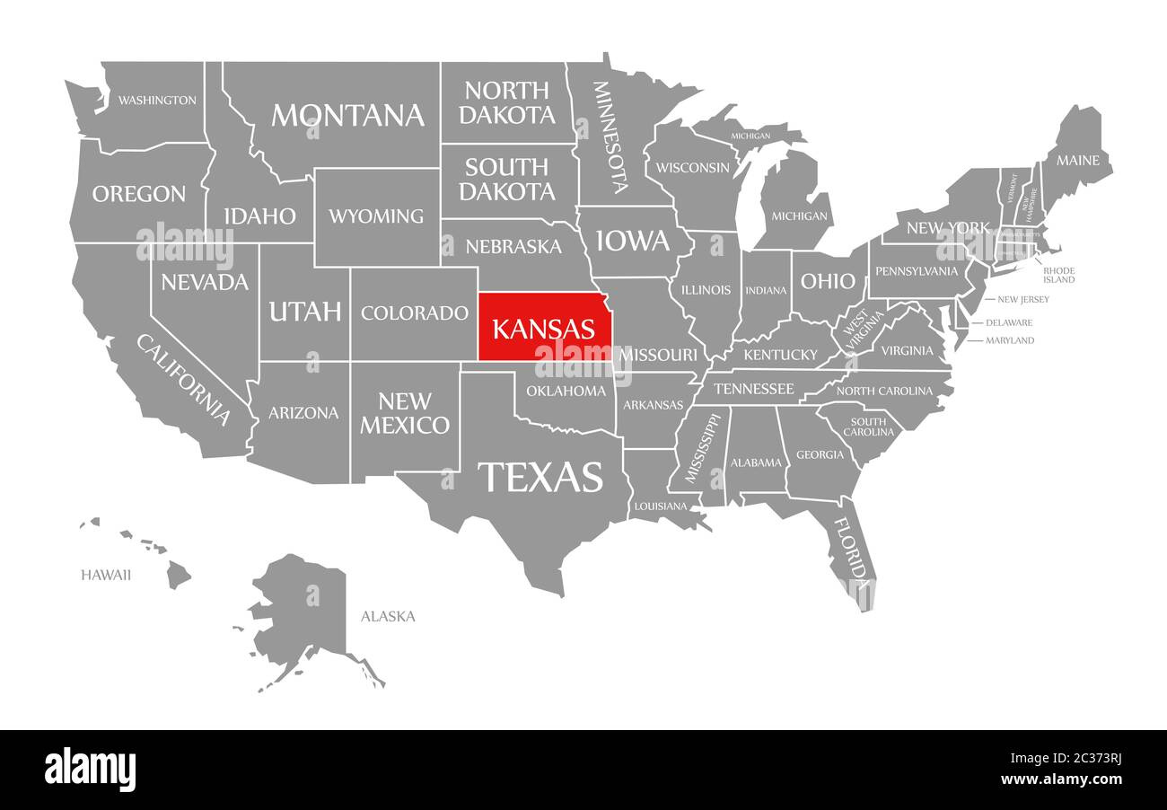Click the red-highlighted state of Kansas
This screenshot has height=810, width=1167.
coord(542,327)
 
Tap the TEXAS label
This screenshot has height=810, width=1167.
coord(540,477)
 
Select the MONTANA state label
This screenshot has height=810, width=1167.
coord(347,115)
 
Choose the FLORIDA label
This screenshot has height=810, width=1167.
coord(852,549)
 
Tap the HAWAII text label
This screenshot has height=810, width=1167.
coord(106,575)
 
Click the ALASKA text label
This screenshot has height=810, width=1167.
coord(388,616)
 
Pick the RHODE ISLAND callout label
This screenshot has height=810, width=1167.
coord(1058,275)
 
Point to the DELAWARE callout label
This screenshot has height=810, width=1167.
coord(1009,322)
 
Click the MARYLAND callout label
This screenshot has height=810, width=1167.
coord(1010,340)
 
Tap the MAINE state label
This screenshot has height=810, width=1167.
coord(1077,161)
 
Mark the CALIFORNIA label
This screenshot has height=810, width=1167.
coord(183,379)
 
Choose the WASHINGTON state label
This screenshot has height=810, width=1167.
coord(157,100)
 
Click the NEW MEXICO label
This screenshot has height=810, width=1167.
coord(405,413)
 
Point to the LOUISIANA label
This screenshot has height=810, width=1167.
coord(660,506)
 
